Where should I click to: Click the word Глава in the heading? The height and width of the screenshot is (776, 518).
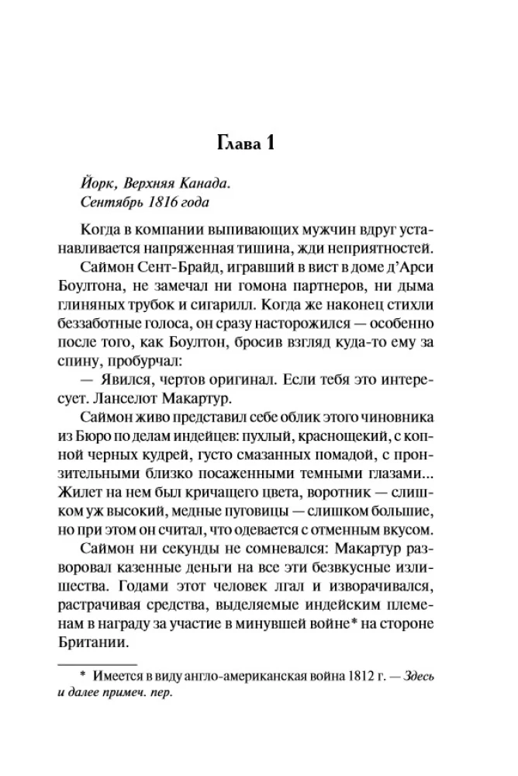[239, 145]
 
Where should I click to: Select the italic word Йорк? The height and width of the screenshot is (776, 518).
[96, 184]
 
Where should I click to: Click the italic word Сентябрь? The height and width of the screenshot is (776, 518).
[111, 203]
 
